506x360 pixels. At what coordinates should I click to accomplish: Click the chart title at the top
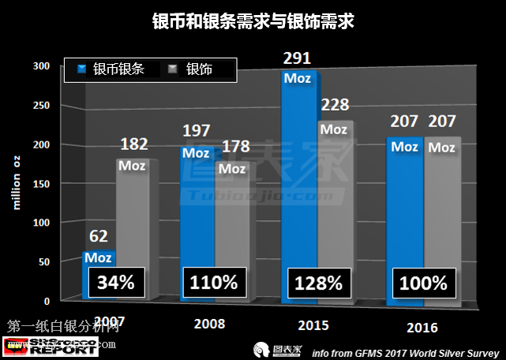click(253, 22)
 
